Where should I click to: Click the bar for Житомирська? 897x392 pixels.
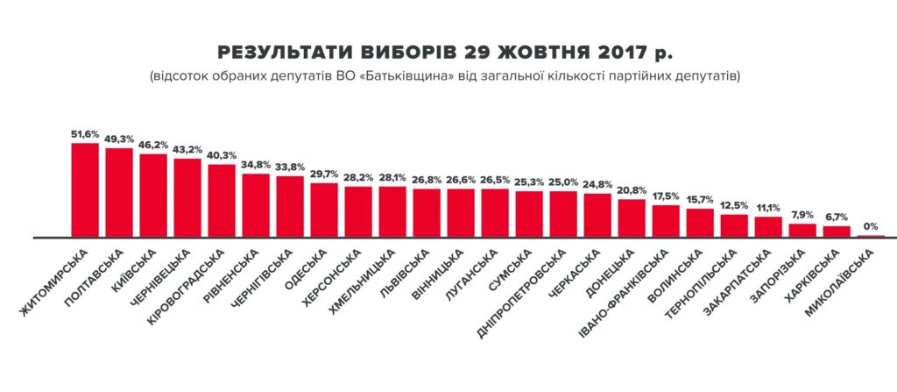(85, 189)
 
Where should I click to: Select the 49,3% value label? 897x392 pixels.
(119, 138)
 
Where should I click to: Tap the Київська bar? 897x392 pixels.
(153, 195)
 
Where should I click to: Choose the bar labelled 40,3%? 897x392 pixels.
(222, 201)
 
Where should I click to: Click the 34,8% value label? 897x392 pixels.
(256, 164)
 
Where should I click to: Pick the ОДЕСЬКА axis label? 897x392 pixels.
(309, 267)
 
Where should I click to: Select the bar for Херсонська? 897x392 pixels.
(358, 211)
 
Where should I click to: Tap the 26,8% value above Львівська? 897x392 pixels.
(427, 180)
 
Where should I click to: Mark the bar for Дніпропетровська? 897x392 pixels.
(563, 214)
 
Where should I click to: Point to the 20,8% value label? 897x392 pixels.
(632, 189)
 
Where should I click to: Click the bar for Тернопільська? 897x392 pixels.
(734, 225)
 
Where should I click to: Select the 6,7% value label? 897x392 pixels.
(837, 217)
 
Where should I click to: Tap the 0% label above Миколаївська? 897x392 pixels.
(871, 225)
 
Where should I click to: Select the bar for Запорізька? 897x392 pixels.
(802, 231)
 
